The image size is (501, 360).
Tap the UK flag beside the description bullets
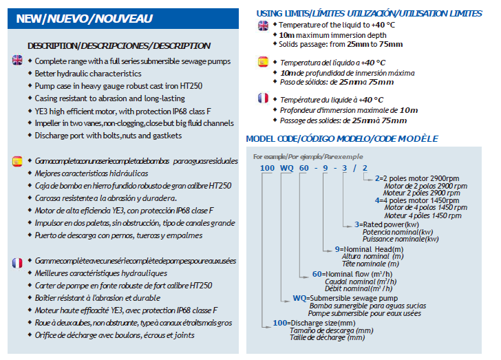pos(17,61)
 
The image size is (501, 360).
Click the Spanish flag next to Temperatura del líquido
pos(263,62)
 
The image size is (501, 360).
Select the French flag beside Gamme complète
pos(17,263)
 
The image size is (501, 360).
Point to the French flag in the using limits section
pos(263,98)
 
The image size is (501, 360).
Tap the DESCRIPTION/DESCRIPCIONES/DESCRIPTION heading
pos(118,45)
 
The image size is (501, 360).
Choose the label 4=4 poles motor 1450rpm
pos(420,200)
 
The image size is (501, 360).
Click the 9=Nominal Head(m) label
pos(371,248)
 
